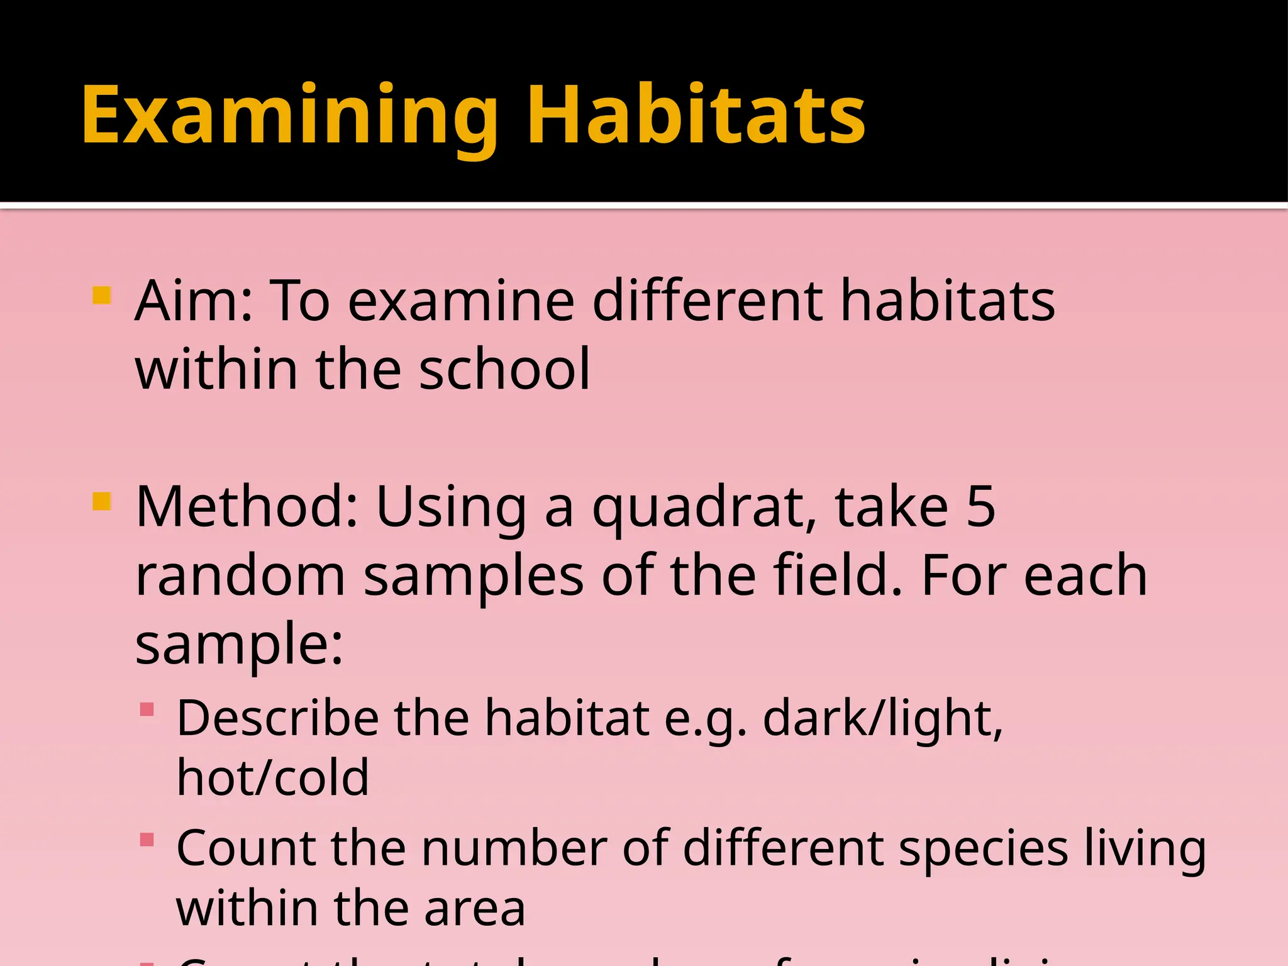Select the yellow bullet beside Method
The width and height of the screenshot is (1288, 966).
point(101,502)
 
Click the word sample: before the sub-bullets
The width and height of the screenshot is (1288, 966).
point(239,645)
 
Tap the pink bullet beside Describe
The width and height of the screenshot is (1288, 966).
point(147,710)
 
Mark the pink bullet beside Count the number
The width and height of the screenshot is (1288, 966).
point(147,840)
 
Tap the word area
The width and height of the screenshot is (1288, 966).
point(475,909)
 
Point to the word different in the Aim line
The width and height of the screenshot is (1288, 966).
point(708,301)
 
